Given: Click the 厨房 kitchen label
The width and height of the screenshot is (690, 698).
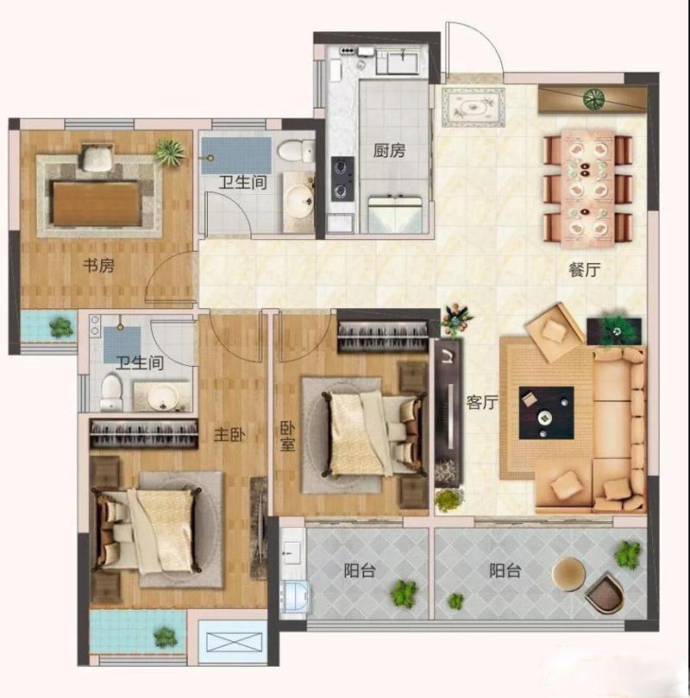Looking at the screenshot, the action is tap(389, 151).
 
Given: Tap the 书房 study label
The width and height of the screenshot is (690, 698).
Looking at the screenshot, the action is tap(99, 266).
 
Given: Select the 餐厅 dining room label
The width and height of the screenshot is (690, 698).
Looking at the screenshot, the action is tap(585, 269).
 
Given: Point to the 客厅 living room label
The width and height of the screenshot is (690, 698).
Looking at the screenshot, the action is tap(482, 402).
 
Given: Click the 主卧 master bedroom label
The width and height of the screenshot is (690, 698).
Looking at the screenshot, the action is tap(229, 435).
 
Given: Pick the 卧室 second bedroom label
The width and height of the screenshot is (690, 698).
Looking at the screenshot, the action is tap(287, 437).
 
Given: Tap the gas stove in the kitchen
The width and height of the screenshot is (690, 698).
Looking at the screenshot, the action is tap(342, 179).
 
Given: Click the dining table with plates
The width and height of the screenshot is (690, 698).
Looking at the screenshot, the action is tap(587, 188).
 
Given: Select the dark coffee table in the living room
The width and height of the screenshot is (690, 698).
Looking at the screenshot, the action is tap(546, 412).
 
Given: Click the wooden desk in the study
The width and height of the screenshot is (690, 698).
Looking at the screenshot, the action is tap(97, 204).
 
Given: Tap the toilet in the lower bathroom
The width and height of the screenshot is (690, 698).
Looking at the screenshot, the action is tap(110, 393).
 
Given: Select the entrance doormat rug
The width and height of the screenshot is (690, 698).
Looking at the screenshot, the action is tap(474, 107).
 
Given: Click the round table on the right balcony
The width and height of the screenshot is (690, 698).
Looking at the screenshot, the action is tap(568, 575).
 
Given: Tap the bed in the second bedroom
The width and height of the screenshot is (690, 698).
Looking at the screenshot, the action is tap(374, 434).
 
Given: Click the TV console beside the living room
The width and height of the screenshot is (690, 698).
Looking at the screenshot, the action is tap(448, 412).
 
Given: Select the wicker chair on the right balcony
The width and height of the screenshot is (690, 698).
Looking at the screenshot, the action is tap(605, 592).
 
